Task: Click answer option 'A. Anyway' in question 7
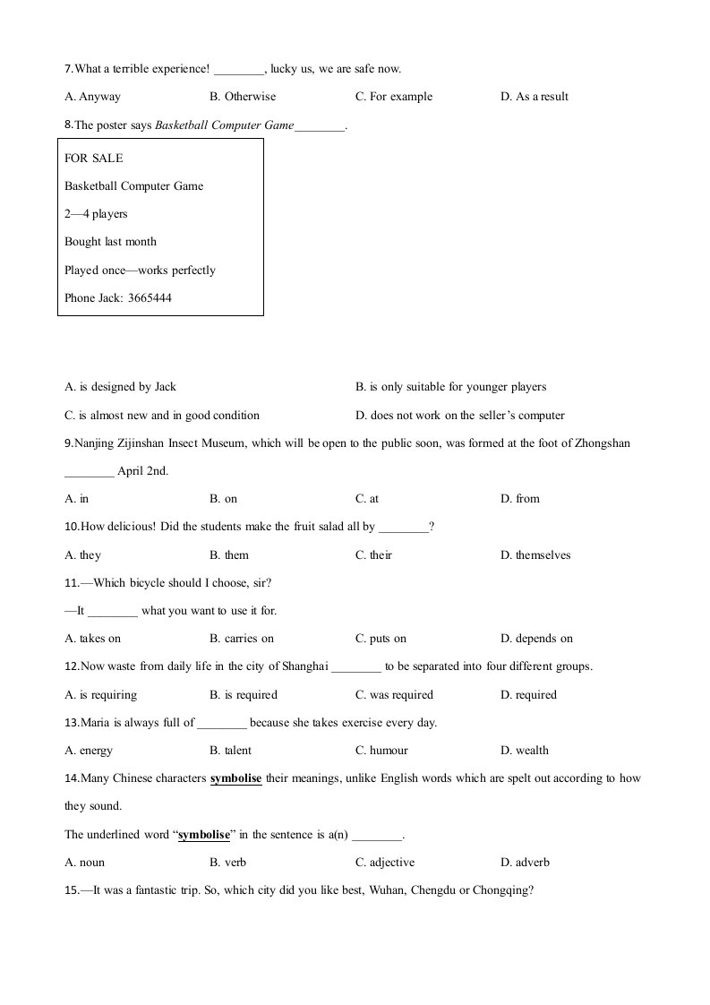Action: point(92,97)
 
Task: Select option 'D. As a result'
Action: point(535,97)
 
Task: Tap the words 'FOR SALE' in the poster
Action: point(93,159)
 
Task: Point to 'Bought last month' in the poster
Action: point(110,242)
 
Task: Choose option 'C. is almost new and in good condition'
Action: point(162,416)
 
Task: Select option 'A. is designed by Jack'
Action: point(120,387)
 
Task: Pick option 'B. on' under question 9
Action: point(223,499)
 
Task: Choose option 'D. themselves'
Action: point(535,555)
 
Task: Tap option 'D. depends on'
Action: point(536,639)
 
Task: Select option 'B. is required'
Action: point(244,695)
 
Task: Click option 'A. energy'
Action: point(89,751)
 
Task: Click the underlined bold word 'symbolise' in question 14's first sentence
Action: point(235,778)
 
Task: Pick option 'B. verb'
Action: point(227,863)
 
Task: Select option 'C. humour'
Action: point(381,751)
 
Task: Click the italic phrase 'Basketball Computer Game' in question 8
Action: point(224,125)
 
